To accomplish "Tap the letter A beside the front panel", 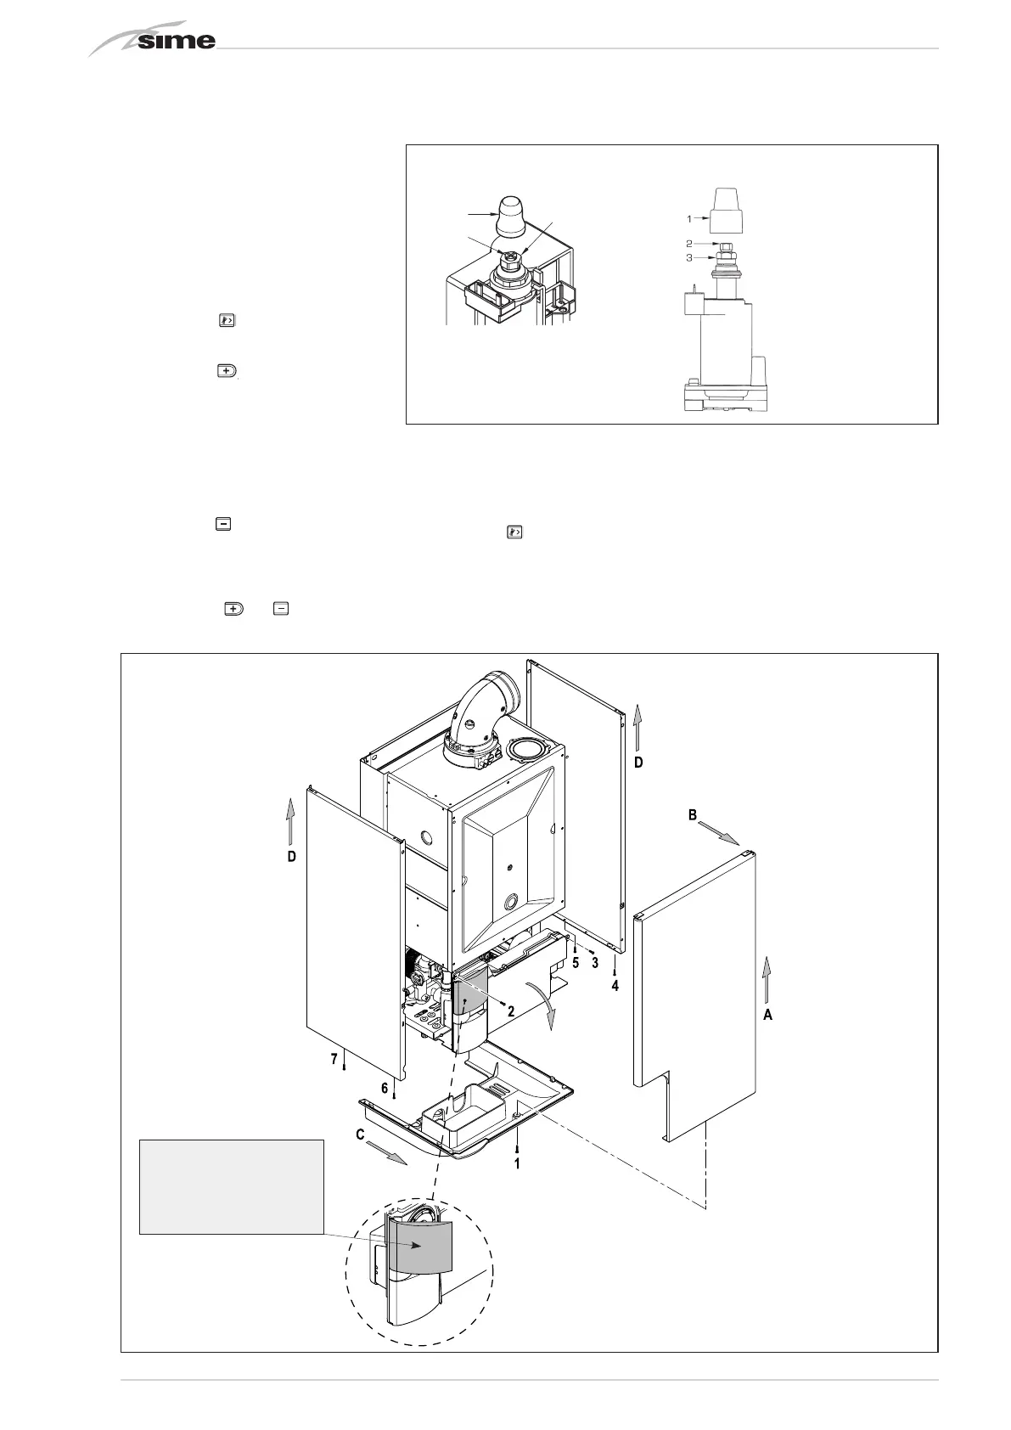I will [767, 1014].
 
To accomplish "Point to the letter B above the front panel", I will [693, 814].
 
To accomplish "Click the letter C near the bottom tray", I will [361, 1134].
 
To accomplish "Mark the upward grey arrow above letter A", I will [766, 977].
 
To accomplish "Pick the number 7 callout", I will [334, 1058].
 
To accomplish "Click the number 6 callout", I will [385, 1087].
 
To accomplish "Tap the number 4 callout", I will [615, 986].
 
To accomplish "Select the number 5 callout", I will [576, 963].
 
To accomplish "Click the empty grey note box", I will [231, 1186].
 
